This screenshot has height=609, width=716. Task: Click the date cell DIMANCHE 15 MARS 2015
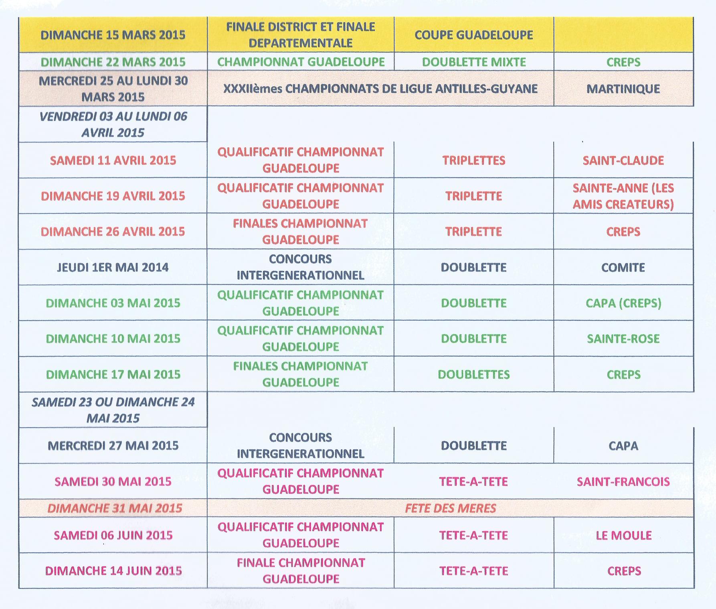(x=113, y=35)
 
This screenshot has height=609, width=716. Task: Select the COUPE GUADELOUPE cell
(x=473, y=35)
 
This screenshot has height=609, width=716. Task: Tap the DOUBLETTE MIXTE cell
(x=473, y=62)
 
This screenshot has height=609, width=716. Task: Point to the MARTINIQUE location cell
(x=623, y=89)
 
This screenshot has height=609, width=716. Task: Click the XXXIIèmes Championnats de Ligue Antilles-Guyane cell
(x=380, y=89)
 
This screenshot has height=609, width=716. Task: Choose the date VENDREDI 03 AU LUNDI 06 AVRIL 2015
(x=113, y=124)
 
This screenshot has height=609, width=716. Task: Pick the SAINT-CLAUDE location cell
(x=623, y=160)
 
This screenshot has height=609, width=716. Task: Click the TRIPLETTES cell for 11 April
(x=473, y=160)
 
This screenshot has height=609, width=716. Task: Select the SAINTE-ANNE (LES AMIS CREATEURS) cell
(x=623, y=196)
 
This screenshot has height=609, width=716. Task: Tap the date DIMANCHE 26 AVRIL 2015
(x=113, y=231)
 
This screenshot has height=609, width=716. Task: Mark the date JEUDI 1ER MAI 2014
(x=113, y=267)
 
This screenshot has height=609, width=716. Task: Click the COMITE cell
(x=623, y=267)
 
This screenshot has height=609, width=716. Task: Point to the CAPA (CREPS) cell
(x=623, y=303)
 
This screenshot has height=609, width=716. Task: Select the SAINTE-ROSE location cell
(x=623, y=339)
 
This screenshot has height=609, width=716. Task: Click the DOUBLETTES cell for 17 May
(x=473, y=374)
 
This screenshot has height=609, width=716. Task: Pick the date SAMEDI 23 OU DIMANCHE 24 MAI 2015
(x=113, y=410)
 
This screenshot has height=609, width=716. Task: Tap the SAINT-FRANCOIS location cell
(x=623, y=481)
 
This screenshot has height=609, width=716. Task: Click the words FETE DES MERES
(x=450, y=508)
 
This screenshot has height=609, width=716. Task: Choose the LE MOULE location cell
(x=623, y=535)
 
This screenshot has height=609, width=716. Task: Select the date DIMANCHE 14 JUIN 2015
(x=113, y=570)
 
